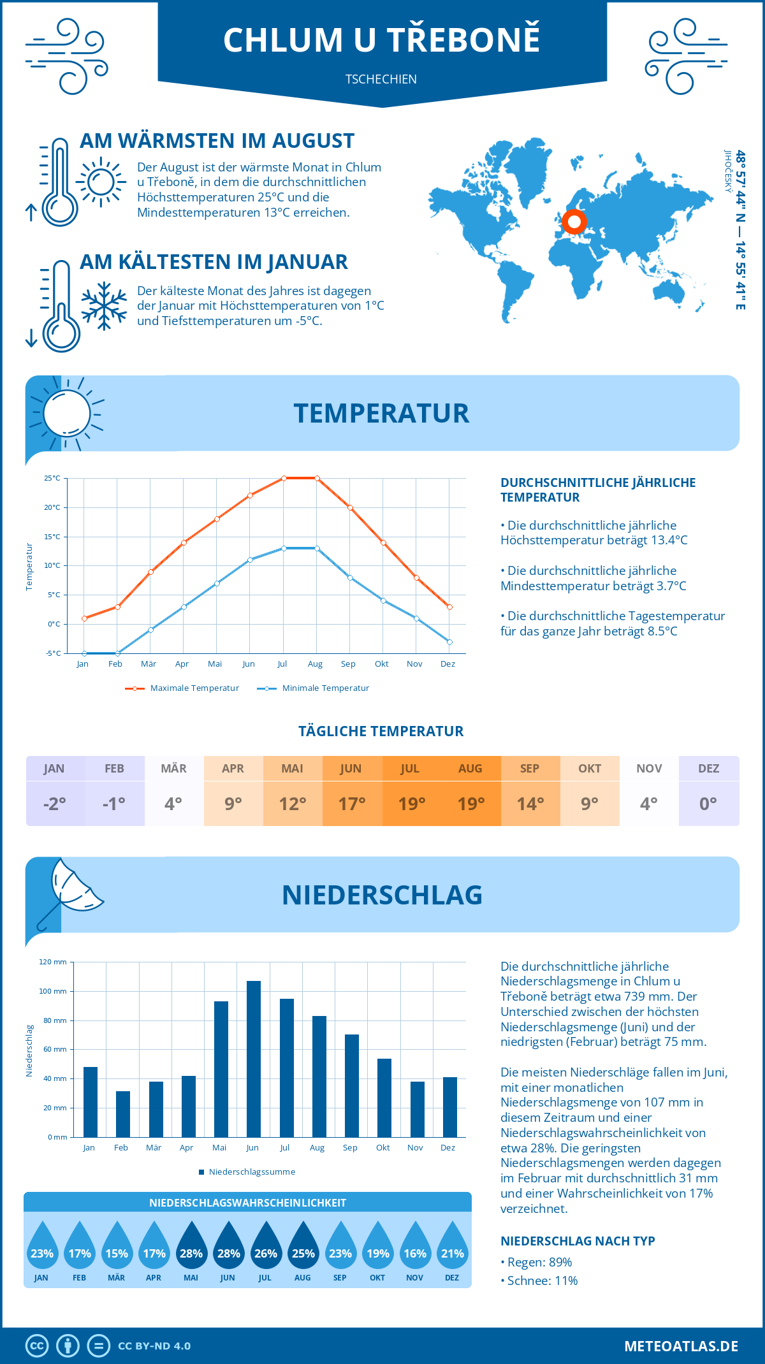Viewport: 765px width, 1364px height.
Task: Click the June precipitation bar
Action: coord(254,1059)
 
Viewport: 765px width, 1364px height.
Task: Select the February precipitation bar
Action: coord(122,1114)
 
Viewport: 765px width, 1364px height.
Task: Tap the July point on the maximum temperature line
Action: coord(284,478)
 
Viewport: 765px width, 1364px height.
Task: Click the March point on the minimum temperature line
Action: coord(150,630)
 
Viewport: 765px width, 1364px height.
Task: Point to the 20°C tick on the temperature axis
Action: coord(52,507)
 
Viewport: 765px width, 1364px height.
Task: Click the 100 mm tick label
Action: coord(53,991)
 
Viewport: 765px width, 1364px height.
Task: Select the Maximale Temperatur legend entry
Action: coord(182,688)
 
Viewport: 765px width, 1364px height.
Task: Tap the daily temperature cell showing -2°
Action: coord(55,804)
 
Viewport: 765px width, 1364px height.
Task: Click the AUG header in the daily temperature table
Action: coord(470,769)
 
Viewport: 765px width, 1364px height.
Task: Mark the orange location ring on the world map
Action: coord(574,222)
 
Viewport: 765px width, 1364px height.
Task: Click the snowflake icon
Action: coord(104,306)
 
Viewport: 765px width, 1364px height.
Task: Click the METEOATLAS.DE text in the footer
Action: coord(681,1346)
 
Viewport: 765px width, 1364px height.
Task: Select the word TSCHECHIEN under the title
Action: coord(381,79)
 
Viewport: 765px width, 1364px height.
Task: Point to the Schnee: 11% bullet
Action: coord(542,1281)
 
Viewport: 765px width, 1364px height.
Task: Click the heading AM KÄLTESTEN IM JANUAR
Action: coord(214,262)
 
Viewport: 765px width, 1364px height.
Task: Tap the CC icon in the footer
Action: coord(37,1346)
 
